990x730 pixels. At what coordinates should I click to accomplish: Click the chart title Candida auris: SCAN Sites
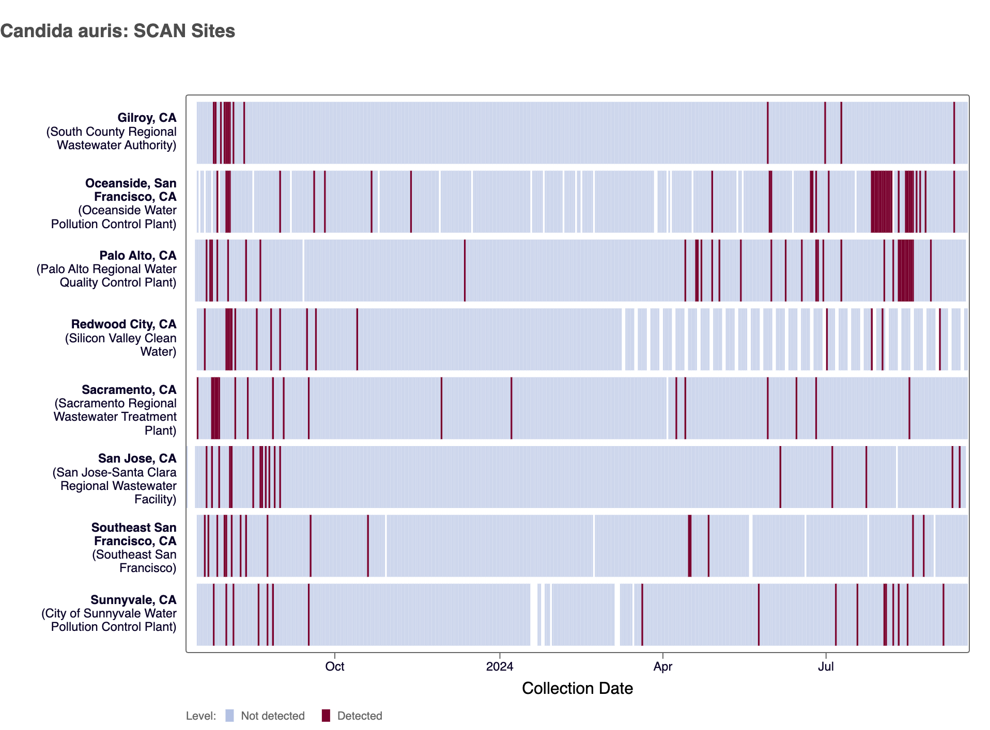[118, 31]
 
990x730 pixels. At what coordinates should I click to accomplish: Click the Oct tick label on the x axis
[334, 666]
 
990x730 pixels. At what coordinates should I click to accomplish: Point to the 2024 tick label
[499, 666]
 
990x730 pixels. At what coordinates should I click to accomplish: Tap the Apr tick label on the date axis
[662, 666]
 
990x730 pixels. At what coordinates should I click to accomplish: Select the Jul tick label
[825, 666]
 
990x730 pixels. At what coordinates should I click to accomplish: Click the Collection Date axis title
[577, 688]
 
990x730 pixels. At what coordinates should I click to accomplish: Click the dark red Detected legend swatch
[326, 716]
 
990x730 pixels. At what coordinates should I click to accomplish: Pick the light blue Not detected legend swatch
[229, 716]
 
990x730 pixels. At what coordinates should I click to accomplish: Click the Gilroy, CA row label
[147, 118]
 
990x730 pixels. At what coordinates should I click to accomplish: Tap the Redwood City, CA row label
[123, 324]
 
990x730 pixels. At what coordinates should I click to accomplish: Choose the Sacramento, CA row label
[129, 390]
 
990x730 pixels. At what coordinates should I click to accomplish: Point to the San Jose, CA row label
[137, 458]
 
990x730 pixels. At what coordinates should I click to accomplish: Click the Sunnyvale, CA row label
[133, 600]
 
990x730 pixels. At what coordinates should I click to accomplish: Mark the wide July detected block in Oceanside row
[881, 201]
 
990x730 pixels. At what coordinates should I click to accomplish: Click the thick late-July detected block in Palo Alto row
[905, 270]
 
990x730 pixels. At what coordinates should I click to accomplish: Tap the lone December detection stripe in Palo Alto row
[465, 270]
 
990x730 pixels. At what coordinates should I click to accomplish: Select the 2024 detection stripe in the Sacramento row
[511, 408]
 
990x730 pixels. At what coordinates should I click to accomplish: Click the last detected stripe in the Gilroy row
[954, 133]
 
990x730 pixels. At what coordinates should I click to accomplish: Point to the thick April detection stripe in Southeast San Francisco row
[689, 546]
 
